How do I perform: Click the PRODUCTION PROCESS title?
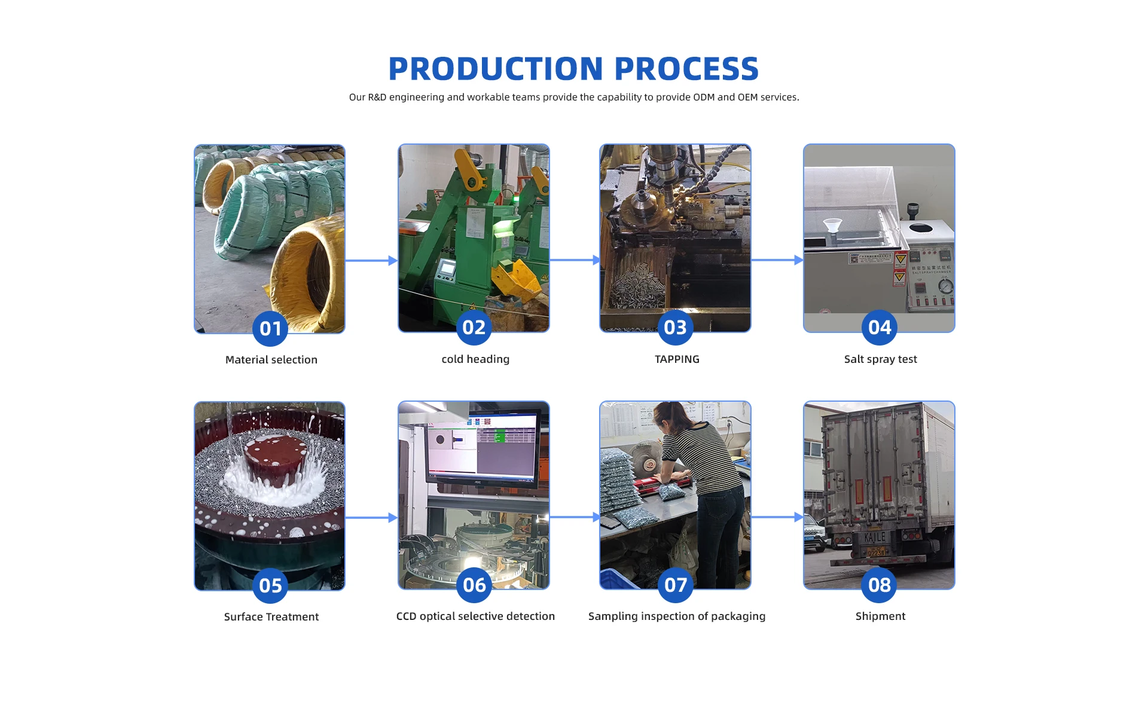[x=573, y=69]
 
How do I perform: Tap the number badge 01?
[x=270, y=328]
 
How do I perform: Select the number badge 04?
[x=880, y=327]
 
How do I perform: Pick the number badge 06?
[x=474, y=585]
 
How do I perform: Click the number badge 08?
[x=880, y=585]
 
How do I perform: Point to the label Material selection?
[x=271, y=360]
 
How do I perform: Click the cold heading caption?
[x=475, y=359]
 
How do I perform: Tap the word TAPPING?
[x=677, y=359]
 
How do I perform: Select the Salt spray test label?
[x=880, y=359]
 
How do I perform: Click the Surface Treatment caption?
[x=271, y=617]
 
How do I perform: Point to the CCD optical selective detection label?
[x=475, y=616]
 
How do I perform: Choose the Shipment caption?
[x=880, y=616]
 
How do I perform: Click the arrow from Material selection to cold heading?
[x=371, y=261]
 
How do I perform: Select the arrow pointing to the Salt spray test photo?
[x=777, y=260]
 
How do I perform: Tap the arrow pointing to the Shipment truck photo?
[x=777, y=517]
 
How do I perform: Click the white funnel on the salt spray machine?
[x=832, y=228]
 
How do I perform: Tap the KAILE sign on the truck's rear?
[x=875, y=537]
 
